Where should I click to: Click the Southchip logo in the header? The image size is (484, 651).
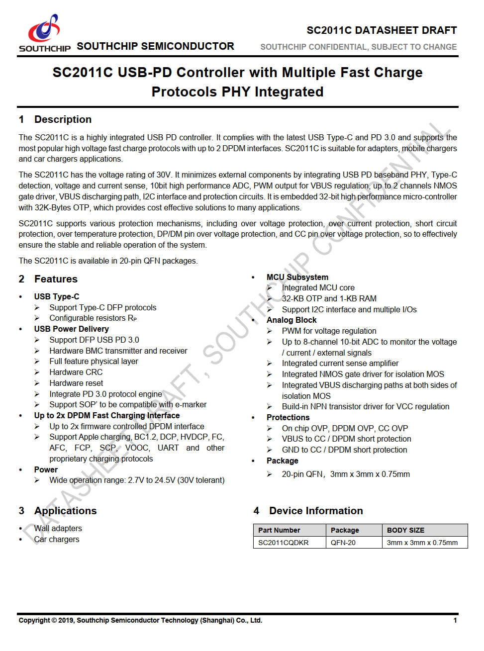(44, 33)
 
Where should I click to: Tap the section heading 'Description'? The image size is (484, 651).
(63, 119)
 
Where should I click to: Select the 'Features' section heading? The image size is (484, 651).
(56, 279)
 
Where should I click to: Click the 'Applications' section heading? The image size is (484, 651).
(65, 511)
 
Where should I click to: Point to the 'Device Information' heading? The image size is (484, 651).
(316, 511)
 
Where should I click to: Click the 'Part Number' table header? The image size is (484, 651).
(279, 530)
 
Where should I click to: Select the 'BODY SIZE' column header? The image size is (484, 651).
(405, 530)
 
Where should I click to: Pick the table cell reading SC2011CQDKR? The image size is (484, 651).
(283, 543)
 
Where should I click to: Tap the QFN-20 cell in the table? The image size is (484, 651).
(343, 543)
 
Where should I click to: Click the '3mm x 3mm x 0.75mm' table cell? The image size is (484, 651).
(422, 543)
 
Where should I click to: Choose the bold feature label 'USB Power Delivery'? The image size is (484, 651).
(71, 329)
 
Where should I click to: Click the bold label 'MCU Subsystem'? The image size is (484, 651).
(297, 277)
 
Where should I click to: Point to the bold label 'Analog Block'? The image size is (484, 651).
(291, 320)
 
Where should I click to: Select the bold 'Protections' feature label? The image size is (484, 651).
(288, 417)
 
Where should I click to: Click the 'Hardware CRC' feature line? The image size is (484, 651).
(76, 372)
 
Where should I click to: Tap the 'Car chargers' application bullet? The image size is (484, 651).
(57, 539)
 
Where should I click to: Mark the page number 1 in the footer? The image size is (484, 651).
(455, 620)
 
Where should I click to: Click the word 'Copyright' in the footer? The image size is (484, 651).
(34, 620)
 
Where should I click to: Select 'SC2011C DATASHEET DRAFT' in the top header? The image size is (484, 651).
(382, 30)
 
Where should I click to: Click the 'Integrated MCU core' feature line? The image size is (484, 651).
(318, 287)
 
